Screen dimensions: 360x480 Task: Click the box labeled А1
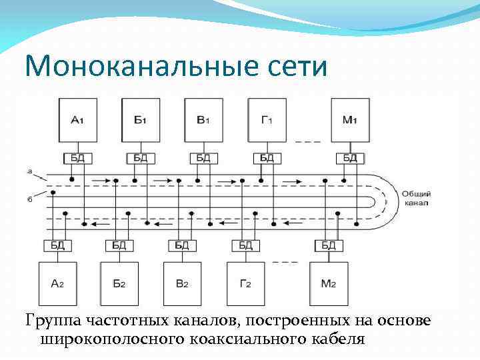(77, 120)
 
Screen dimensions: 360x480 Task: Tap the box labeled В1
(203, 120)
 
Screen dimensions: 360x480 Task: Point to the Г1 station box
(267, 120)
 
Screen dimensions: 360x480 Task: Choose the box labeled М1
(351, 120)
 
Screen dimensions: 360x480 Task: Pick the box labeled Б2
(119, 283)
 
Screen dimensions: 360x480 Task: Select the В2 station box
(182, 283)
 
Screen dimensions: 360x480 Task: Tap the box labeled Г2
(245, 283)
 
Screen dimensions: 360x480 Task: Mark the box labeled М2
(329, 283)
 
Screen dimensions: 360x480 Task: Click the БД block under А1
(77, 158)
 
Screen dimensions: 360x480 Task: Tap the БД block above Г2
(245, 245)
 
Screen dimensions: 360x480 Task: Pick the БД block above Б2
(119, 245)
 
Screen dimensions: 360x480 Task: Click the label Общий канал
(415, 197)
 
